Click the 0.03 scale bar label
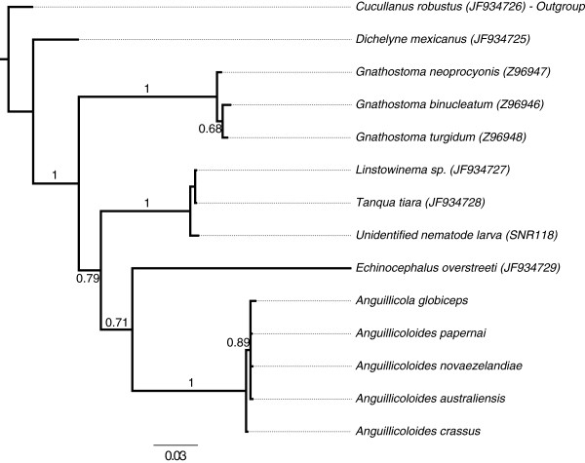click(175, 454)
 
